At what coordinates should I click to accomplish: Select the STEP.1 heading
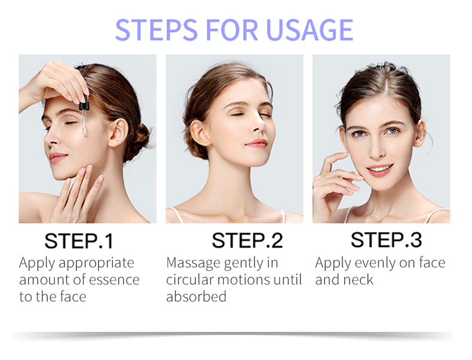(79, 241)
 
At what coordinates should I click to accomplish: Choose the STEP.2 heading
(247, 240)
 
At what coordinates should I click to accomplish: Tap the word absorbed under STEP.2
(196, 296)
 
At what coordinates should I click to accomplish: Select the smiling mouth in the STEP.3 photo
(378, 169)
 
